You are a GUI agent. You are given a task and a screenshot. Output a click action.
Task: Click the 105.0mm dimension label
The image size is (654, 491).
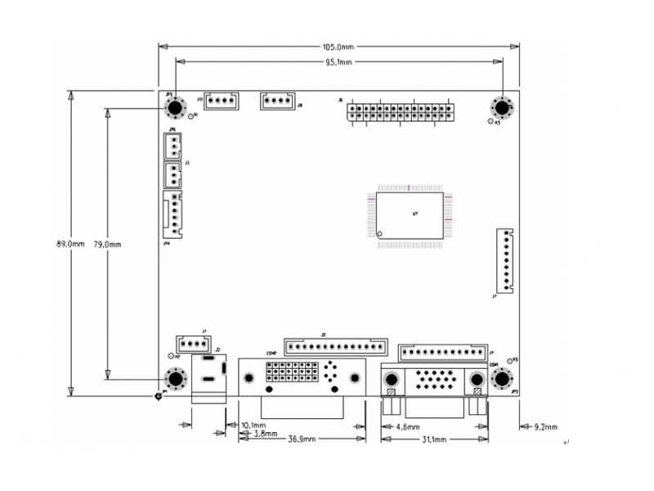[x=338, y=47]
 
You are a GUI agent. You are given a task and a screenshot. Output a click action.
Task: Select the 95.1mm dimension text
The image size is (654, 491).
[x=338, y=62]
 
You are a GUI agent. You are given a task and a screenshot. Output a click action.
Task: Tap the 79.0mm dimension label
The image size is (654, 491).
[x=107, y=244]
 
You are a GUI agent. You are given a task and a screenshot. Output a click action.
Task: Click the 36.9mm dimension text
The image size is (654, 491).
[x=303, y=440]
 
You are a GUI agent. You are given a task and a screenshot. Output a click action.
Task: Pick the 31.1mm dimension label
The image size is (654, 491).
[x=434, y=440]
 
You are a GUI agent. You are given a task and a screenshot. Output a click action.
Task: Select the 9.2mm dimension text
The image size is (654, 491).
[x=544, y=427]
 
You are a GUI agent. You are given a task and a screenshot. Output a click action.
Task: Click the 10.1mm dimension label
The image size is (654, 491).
[x=254, y=426]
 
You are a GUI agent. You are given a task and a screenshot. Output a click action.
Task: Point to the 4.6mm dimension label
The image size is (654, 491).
[x=408, y=427]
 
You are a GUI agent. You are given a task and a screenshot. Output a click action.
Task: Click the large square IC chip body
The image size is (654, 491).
[x=410, y=215]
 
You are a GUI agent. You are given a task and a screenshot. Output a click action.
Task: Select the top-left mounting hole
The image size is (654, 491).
[x=173, y=108]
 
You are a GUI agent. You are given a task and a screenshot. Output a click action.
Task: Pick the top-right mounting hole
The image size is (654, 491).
[x=500, y=108]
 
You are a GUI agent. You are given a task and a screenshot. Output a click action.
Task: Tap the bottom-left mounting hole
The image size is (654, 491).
[x=173, y=380]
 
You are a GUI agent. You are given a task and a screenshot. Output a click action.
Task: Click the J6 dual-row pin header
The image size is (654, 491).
[x=401, y=111]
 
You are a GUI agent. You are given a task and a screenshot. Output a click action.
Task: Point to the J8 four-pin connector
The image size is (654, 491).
[x=276, y=101]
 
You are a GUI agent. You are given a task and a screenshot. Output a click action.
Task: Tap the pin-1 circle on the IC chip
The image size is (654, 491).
[x=379, y=235]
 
